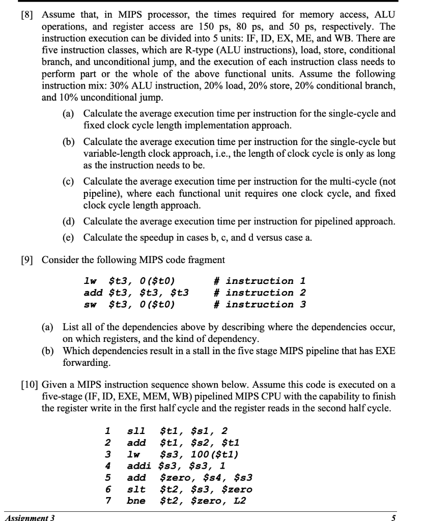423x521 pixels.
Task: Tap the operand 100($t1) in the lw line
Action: coord(207,455)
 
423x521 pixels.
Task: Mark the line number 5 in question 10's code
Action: coord(107,478)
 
